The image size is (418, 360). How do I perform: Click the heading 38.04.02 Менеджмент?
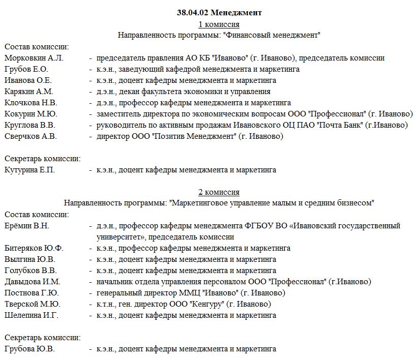219,12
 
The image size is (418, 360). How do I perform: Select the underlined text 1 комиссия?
219,24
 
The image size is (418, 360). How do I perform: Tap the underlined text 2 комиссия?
219,192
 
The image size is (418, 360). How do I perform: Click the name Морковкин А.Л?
34,58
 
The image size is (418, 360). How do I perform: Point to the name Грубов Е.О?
26,69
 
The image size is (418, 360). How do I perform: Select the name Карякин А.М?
28,92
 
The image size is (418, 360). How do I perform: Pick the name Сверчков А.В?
31,136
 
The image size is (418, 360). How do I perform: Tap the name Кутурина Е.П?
29,170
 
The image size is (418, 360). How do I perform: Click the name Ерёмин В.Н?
27,226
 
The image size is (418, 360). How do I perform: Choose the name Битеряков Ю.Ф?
34,248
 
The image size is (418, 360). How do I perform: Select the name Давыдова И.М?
32,282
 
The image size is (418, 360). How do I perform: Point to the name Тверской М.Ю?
32,304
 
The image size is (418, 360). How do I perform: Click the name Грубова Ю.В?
29,349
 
